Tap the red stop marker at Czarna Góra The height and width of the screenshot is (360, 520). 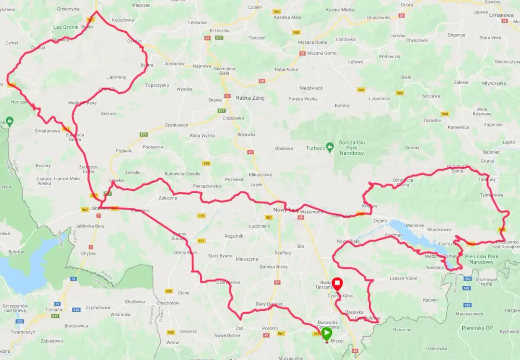point(338,283)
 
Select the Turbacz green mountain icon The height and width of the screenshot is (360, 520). point(330,146)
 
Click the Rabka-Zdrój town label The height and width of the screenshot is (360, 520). point(250,98)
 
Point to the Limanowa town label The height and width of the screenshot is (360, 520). point(501,15)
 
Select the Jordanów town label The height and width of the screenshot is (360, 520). point(174,64)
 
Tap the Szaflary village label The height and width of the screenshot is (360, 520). point(282,253)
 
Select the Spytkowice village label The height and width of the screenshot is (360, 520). point(177,125)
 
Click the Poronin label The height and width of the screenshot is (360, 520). point(270,328)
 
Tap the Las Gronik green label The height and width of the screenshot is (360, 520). point(65,27)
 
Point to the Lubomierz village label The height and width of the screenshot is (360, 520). point(379,98)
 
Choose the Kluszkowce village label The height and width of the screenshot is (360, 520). point(439,229)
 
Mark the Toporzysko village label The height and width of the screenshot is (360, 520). point(157,85)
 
